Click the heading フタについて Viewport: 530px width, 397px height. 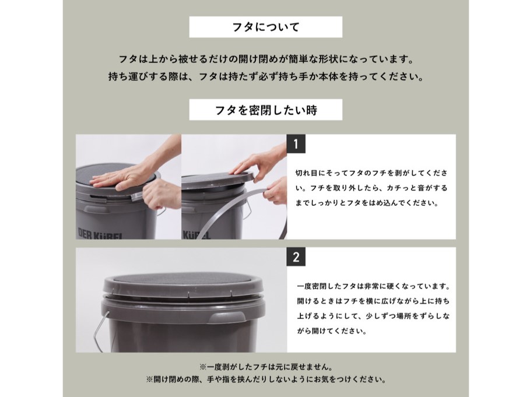tap(266, 27)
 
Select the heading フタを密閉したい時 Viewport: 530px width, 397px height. tap(266, 110)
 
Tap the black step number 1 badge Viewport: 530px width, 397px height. tap(296, 143)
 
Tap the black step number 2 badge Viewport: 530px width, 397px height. tap(296, 257)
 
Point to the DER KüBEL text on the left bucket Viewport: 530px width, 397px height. tap(100, 234)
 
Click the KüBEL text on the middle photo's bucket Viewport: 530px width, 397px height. tap(196, 234)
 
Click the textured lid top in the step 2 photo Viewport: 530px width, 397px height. tap(183, 279)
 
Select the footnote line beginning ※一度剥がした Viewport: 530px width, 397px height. tap(266, 367)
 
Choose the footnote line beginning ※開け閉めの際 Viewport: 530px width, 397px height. tap(266, 380)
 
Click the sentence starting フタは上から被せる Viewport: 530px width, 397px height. tap(266, 60)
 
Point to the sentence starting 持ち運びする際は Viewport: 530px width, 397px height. tap(266, 77)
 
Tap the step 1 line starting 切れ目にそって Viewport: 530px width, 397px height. tap(371, 173)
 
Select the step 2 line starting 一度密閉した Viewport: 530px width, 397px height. tap(374, 286)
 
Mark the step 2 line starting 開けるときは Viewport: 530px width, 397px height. tap(374, 301)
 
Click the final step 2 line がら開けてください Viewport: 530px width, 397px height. tap(332, 331)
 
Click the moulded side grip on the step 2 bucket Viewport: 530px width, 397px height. tap(220, 318)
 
